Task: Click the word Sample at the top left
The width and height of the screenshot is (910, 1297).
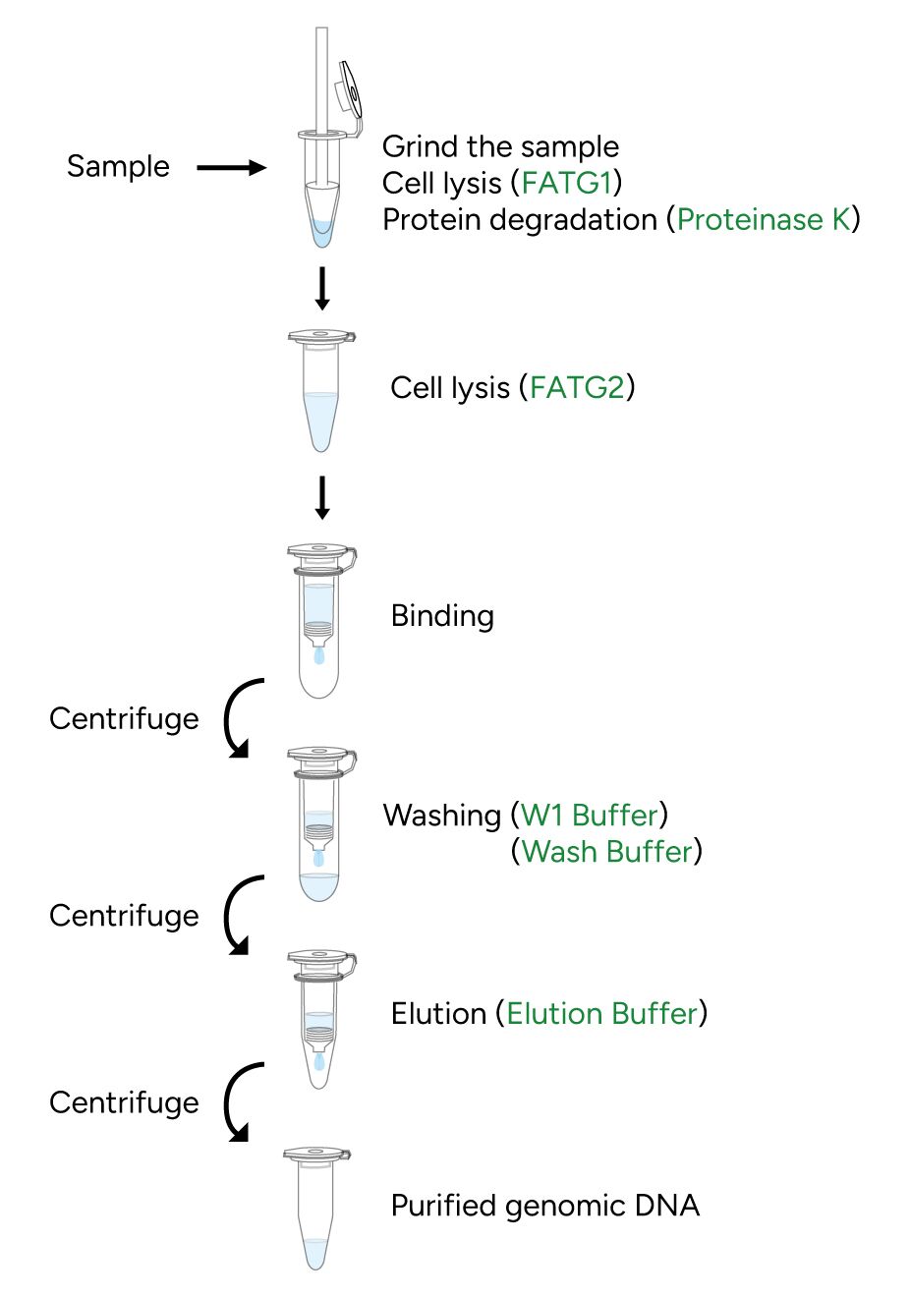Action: tap(118, 166)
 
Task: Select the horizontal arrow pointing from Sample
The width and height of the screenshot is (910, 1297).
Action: tap(231, 168)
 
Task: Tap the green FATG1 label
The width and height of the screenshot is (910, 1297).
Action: tap(566, 183)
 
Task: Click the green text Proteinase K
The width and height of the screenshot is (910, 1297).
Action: tap(764, 219)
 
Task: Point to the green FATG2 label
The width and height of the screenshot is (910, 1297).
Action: tap(577, 388)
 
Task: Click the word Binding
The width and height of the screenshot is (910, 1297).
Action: tap(442, 616)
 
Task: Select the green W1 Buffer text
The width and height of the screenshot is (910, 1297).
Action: tap(589, 815)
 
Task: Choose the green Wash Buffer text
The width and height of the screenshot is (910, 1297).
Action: tap(607, 851)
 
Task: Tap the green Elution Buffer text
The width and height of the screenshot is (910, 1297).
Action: tap(602, 1013)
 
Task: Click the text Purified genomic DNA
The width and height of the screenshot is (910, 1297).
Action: tap(545, 1206)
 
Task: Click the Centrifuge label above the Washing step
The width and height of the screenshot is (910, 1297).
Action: tap(124, 718)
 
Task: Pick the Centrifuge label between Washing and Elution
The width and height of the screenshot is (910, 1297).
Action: tap(124, 916)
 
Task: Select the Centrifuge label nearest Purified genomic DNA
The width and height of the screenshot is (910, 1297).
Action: tap(124, 1102)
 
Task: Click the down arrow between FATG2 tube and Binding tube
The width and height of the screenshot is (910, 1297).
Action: tap(321, 497)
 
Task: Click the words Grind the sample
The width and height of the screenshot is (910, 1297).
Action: tap(500, 146)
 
